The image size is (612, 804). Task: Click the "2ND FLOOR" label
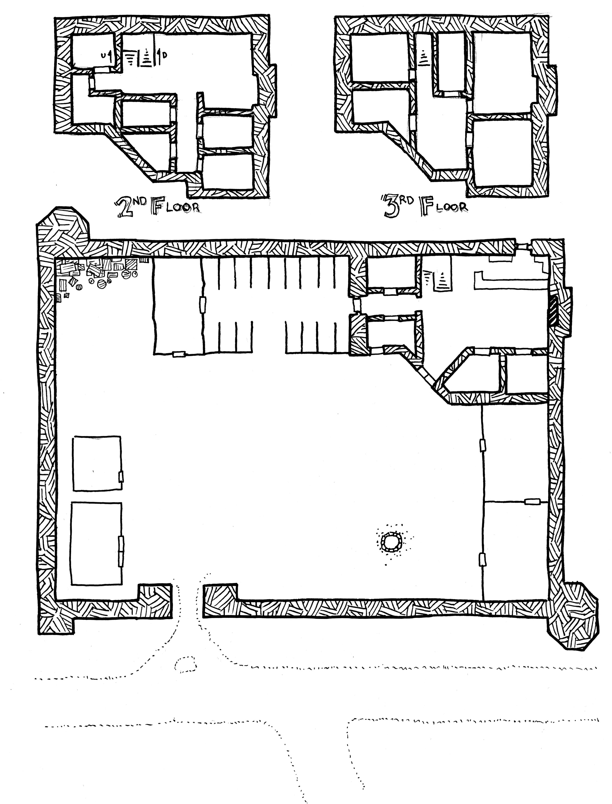(157, 208)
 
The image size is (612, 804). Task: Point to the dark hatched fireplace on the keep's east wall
(554, 310)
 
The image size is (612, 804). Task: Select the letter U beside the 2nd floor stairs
(103, 55)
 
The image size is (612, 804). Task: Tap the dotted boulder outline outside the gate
(185, 664)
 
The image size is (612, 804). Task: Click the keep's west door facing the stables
(356, 306)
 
